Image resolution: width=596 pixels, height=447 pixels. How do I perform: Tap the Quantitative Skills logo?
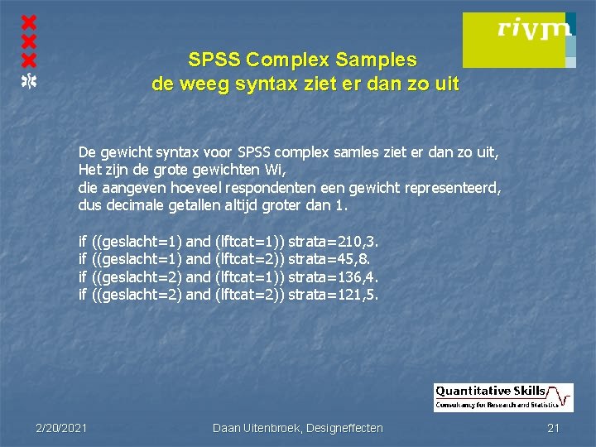(503, 397)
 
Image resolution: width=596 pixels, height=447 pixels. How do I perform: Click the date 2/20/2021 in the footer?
(61, 427)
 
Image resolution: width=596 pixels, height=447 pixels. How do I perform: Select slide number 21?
(554, 427)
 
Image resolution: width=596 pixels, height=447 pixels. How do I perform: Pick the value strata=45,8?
(330, 259)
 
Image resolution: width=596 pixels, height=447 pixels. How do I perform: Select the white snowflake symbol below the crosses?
(29, 79)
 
